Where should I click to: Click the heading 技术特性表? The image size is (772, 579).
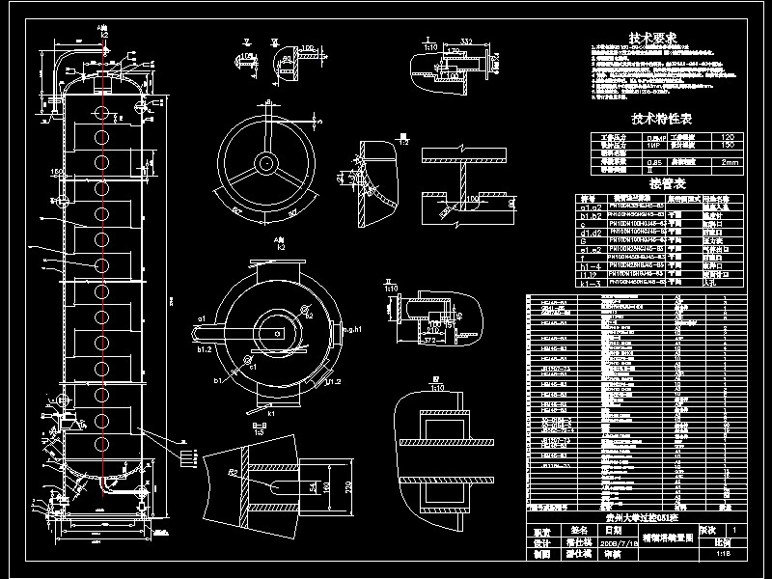662,119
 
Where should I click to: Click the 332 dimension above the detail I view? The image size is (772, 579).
466,40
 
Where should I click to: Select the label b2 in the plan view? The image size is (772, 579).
308,315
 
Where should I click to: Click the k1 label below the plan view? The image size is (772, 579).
271,413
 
